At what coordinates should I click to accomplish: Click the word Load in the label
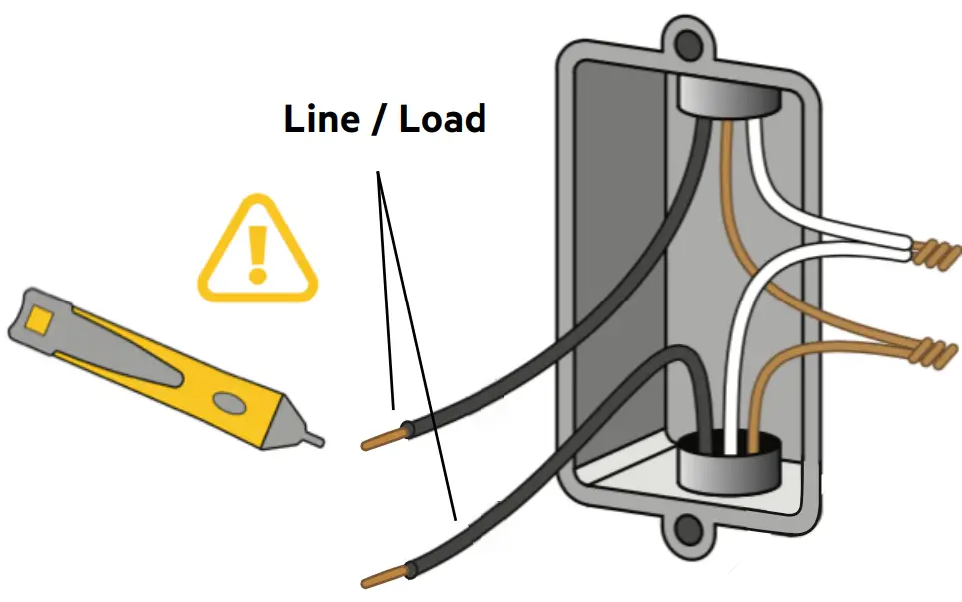point(443,119)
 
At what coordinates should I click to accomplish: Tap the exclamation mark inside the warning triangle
point(258,251)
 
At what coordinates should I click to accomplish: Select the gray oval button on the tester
point(231,402)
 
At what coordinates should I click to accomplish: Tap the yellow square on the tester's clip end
point(40,318)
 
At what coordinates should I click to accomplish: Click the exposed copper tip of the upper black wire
point(381,439)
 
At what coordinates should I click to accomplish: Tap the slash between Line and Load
point(382,120)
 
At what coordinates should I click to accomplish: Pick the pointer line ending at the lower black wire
point(418,349)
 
